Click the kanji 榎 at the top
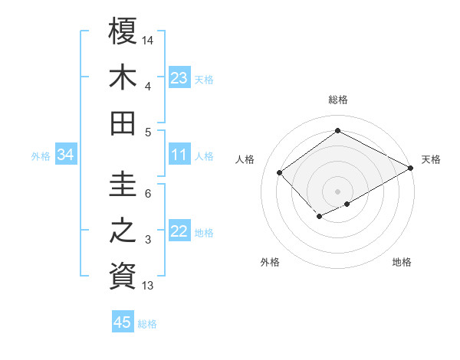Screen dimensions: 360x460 [x=123, y=31]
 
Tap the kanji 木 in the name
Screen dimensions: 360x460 [x=123, y=77]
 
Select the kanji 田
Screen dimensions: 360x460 [x=123, y=123]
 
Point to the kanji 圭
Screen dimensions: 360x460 [x=123, y=185]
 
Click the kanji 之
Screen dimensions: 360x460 [x=123, y=231]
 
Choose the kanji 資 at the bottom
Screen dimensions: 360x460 [x=123, y=276]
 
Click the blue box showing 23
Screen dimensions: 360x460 [x=179, y=77]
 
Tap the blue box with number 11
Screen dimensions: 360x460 [x=179, y=155]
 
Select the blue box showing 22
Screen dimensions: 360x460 [x=179, y=231]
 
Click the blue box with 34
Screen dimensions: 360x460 [x=66, y=155]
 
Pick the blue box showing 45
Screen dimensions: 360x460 [x=123, y=322]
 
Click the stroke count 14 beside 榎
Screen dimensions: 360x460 [x=148, y=39]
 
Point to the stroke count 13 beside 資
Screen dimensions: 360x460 [x=148, y=286]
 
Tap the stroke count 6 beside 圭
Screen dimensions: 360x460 [x=148, y=194]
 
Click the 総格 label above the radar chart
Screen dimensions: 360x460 [x=338, y=100]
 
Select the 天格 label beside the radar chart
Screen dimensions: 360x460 [x=431, y=159]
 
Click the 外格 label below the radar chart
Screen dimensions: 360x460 [x=270, y=262]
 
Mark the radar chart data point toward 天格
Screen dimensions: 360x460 [x=411, y=168]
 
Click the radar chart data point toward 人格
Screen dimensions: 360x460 [x=280, y=172]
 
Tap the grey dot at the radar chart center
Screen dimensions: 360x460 [x=337, y=190]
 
